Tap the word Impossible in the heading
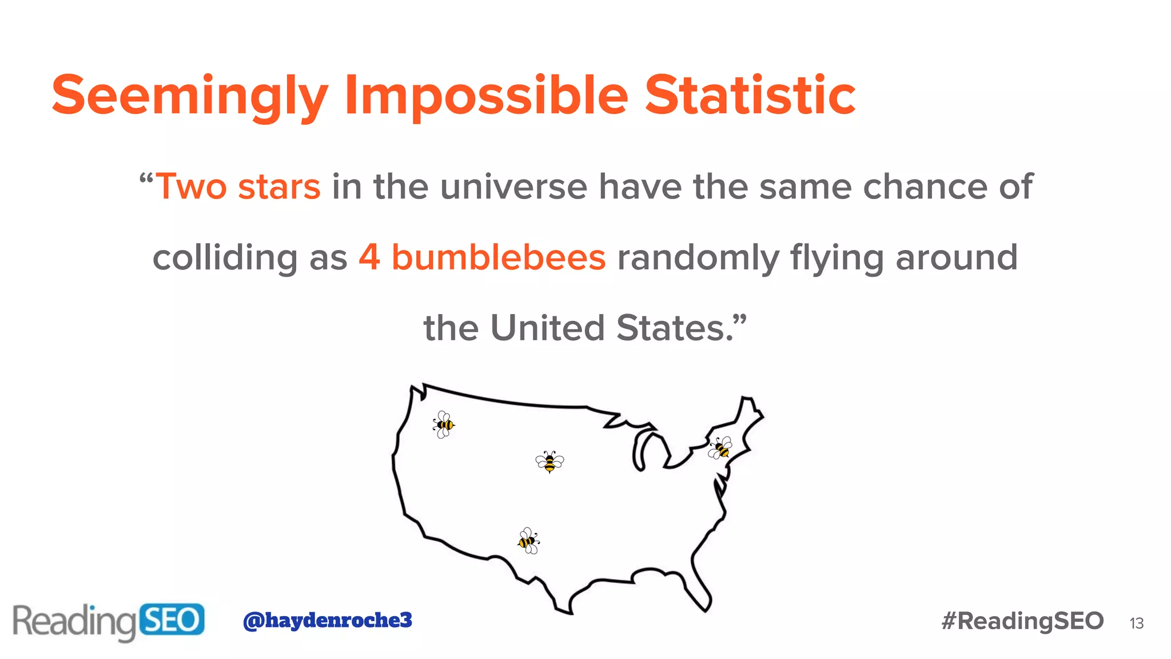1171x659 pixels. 486,96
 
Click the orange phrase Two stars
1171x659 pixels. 238,187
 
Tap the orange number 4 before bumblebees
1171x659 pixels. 369,257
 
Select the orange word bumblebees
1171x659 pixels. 498,257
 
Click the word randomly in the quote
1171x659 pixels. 698,257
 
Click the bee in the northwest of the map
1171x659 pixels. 444,424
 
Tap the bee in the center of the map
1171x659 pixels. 549,461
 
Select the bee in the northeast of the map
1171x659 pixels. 720,448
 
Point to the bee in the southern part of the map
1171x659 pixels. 528,541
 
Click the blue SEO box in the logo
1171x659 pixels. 172,620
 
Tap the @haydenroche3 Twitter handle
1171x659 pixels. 327,620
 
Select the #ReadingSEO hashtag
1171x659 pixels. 1022,621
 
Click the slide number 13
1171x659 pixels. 1136,624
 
